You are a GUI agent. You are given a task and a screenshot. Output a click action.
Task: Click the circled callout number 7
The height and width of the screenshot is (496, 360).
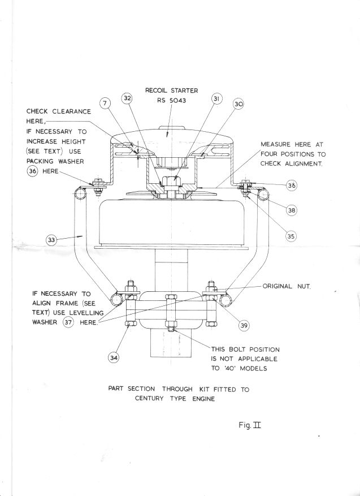click(105, 103)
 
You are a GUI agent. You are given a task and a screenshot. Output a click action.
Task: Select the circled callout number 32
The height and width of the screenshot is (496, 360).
click(127, 98)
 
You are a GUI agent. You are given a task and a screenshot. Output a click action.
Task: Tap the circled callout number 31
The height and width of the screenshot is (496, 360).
click(216, 99)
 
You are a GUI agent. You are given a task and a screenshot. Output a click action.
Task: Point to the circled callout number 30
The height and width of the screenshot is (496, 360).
click(238, 104)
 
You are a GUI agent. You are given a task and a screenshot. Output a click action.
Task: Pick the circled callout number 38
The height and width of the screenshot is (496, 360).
click(292, 210)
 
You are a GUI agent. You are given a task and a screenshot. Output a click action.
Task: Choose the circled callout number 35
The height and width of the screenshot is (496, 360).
click(291, 236)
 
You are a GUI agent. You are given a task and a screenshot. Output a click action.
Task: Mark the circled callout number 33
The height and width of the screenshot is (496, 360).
click(51, 240)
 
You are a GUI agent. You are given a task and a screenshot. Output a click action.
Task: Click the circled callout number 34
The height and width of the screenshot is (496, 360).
click(114, 358)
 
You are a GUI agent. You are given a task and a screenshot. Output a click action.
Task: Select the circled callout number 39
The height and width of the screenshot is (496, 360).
click(244, 326)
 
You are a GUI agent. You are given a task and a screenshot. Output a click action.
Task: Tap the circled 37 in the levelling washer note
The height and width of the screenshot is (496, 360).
click(68, 322)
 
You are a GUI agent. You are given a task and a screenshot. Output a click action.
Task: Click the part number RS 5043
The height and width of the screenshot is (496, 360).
click(172, 101)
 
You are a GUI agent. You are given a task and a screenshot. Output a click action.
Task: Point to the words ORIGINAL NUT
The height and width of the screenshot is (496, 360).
click(287, 286)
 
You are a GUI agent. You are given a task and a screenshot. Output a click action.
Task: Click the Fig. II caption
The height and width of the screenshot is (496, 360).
click(250, 425)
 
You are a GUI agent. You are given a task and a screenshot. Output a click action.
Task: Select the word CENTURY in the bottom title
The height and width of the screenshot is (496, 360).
click(149, 399)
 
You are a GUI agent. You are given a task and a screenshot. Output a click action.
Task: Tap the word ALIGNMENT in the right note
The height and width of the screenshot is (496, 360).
click(303, 164)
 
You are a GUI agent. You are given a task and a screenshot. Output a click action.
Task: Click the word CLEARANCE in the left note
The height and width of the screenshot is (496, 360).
click(71, 111)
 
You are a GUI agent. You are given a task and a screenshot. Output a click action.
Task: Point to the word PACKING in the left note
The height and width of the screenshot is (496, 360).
click(40, 161)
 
